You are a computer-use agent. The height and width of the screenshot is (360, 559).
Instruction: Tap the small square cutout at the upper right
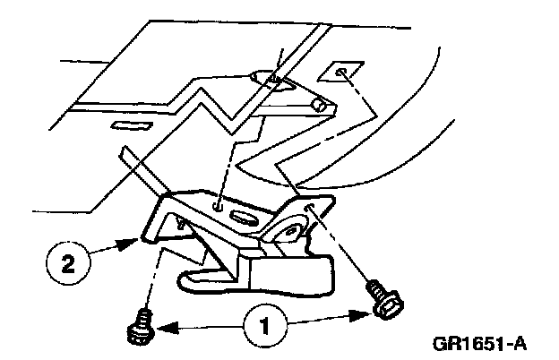(x=343, y=71)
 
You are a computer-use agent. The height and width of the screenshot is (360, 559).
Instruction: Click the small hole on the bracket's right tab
(x=310, y=208)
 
